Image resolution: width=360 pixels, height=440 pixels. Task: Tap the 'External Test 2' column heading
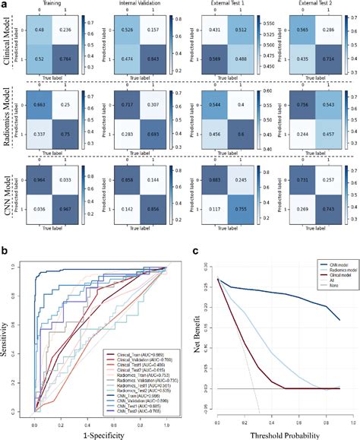311,5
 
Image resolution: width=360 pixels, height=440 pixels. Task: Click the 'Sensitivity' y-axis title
8,335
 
